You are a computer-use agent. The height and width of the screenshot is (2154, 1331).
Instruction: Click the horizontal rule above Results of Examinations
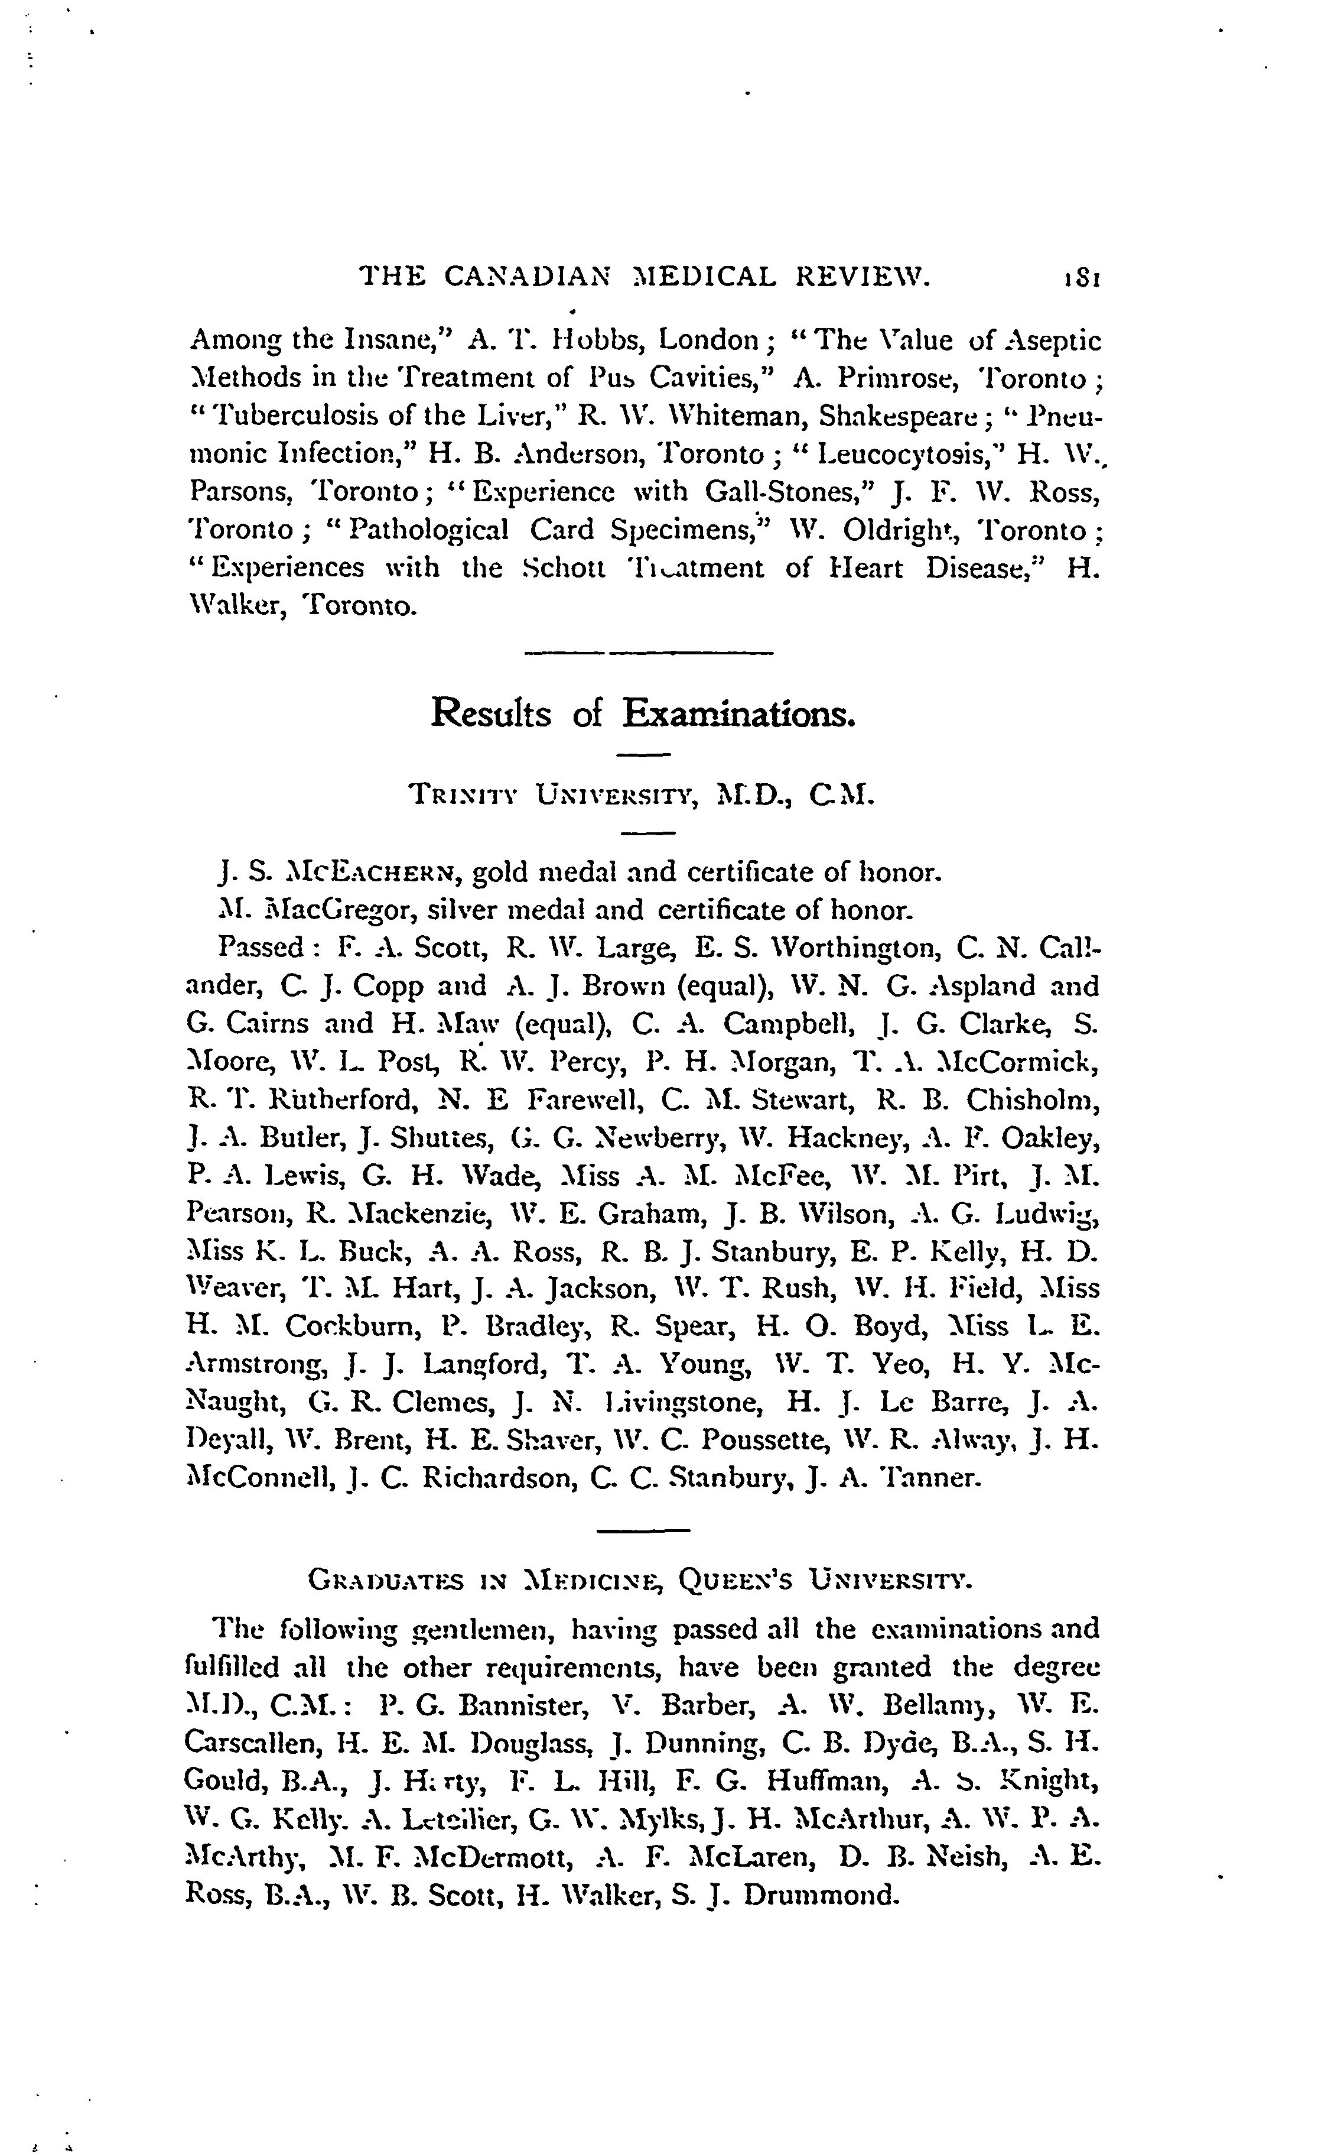648,653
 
